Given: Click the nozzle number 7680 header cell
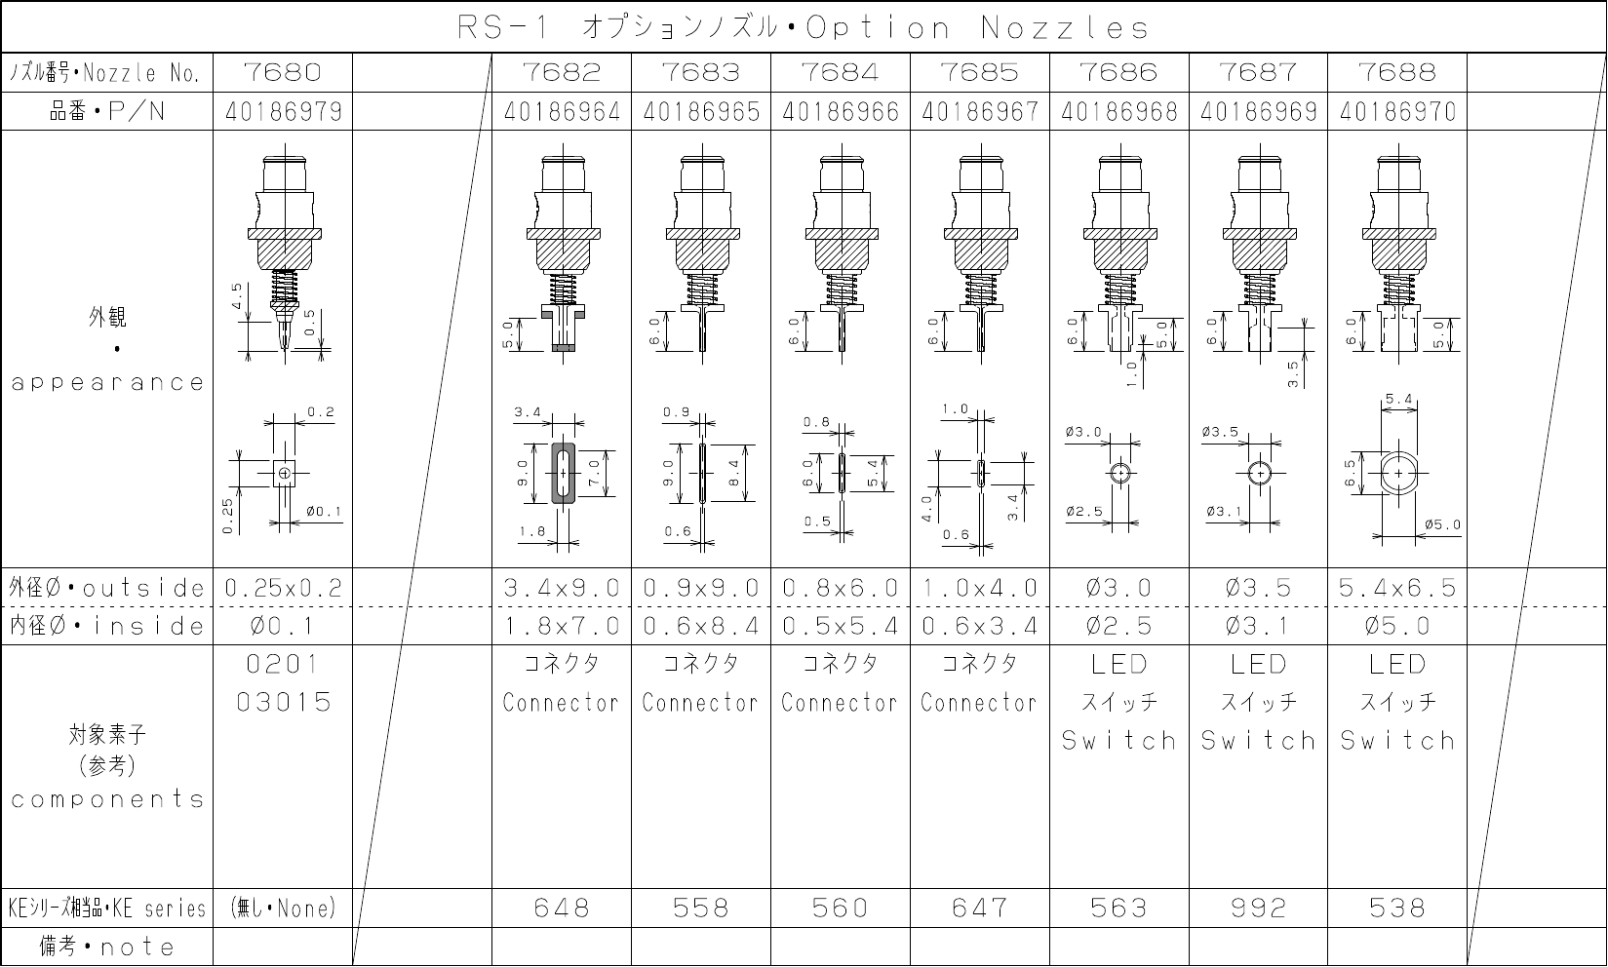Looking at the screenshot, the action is tap(282, 72).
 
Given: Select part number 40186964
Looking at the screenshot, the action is tap(562, 112).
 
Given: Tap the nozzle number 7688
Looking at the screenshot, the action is tap(1397, 72).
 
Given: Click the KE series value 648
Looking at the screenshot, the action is tap(562, 909).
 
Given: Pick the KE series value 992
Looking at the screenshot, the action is tap(1258, 909).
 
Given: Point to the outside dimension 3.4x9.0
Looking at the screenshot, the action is tap(562, 588).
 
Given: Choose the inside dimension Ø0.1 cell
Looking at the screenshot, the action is tap(282, 626).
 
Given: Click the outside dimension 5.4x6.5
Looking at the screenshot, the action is tap(1397, 588).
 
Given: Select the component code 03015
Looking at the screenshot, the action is tap(284, 702).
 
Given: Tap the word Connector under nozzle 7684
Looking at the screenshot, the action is tap(840, 702).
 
